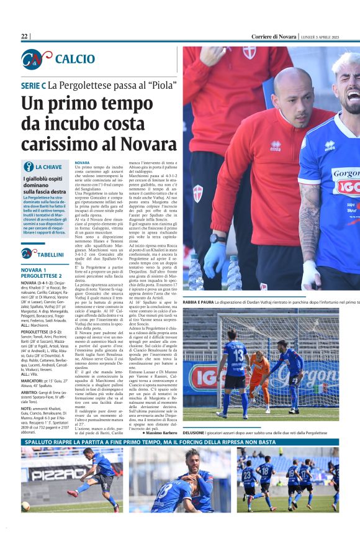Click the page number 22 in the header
[x=25, y=37]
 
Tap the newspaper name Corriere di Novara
[x=274, y=37]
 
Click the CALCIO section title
[x=74, y=59]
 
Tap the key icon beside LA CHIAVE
[x=28, y=167]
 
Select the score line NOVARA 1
[x=37, y=270]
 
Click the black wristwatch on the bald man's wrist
[x=218, y=238]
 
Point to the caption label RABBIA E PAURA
[x=199, y=301]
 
